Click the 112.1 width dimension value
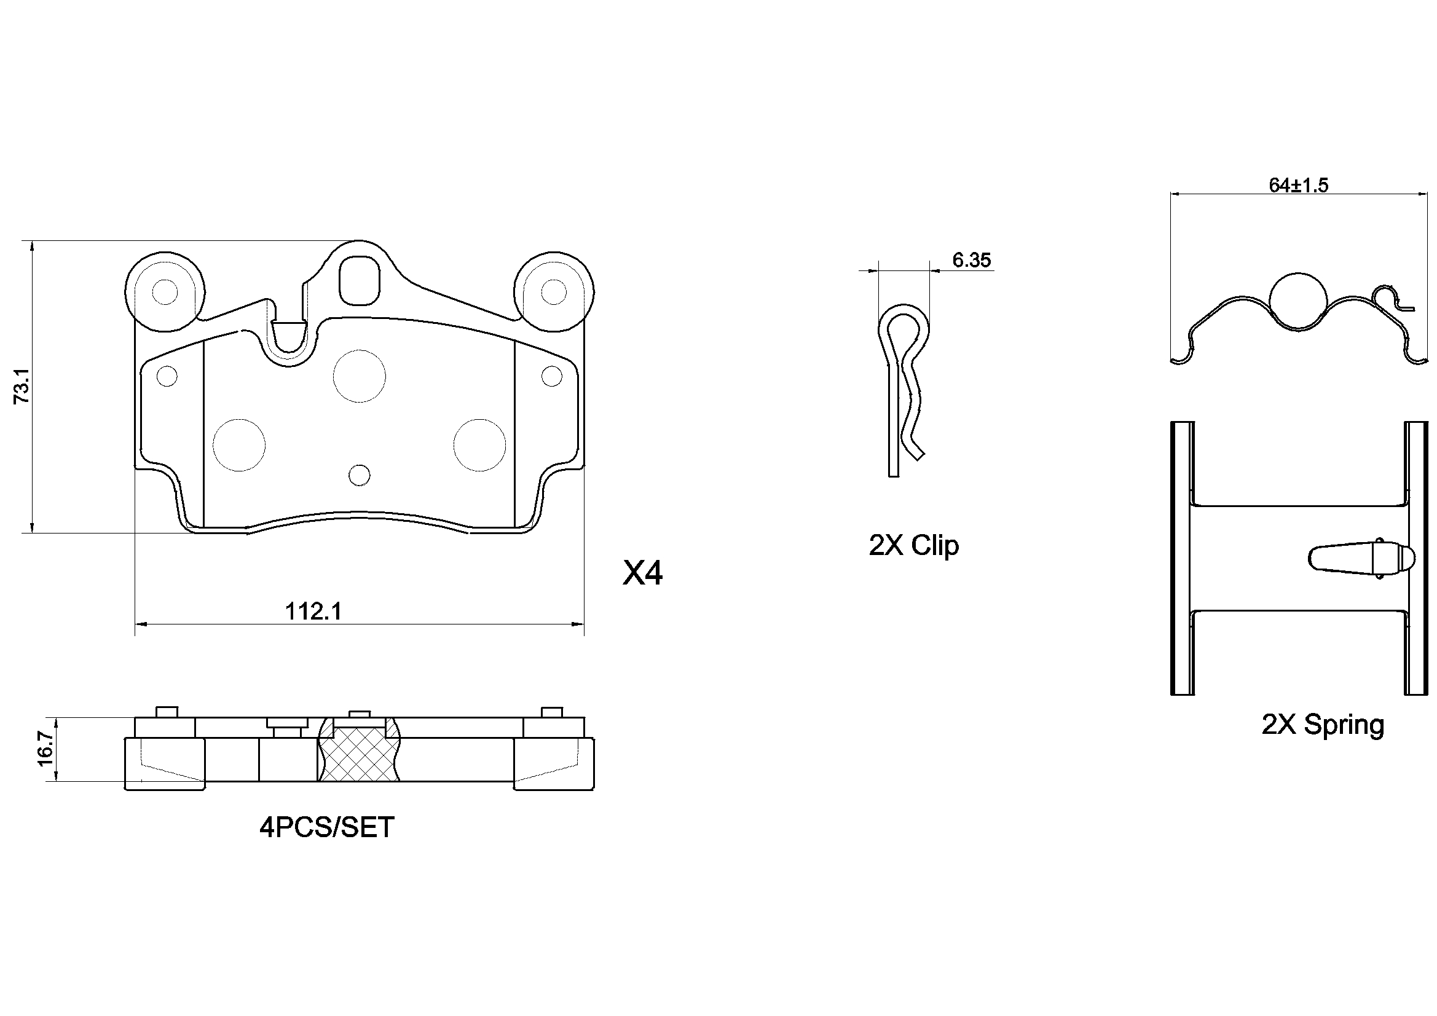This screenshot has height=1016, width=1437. coord(313,612)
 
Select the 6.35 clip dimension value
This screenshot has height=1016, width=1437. coord(971,260)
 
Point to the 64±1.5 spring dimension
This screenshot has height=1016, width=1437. coord(1298,185)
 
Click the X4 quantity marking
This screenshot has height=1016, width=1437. coord(642,573)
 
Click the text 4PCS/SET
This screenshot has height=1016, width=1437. coord(327,827)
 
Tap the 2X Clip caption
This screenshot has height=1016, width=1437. coord(913,545)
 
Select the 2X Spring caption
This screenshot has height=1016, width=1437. coord(1323,725)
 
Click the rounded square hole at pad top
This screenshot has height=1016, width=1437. coord(359,280)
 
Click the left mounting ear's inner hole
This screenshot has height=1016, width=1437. coord(165,292)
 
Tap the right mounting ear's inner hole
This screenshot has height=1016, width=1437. coord(553,292)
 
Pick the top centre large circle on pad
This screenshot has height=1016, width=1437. coord(359,376)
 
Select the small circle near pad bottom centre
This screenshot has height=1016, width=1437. coord(359,475)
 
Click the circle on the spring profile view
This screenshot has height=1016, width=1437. coord(1297,302)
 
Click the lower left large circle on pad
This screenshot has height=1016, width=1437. coord(238,444)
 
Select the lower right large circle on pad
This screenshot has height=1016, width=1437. coord(479,444)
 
